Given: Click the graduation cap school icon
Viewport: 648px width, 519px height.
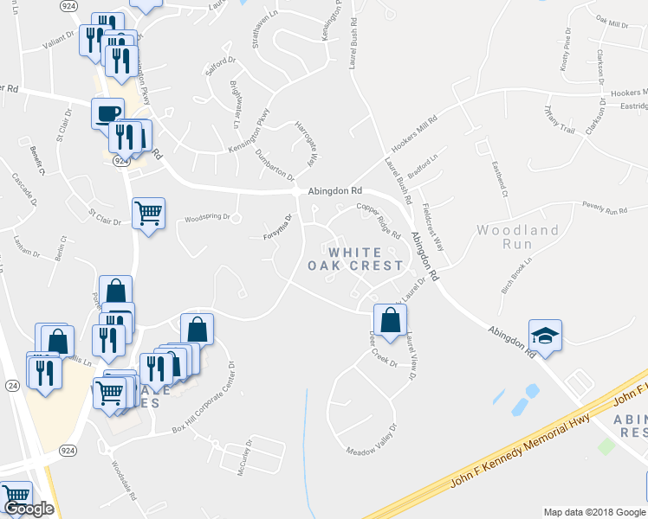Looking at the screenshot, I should click(545, 335).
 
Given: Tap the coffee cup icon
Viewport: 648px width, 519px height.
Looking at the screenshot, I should click(107, 113).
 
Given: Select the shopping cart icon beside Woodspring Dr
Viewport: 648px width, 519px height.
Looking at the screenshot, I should click(148, 212).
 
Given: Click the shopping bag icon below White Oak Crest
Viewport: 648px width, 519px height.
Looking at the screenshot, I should click(390, 318).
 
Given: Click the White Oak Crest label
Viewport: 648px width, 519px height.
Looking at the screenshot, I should click(356, 259).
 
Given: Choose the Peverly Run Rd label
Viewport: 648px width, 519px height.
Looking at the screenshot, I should click(604, 209).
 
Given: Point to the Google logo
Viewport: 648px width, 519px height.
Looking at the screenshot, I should click(29, 509).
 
